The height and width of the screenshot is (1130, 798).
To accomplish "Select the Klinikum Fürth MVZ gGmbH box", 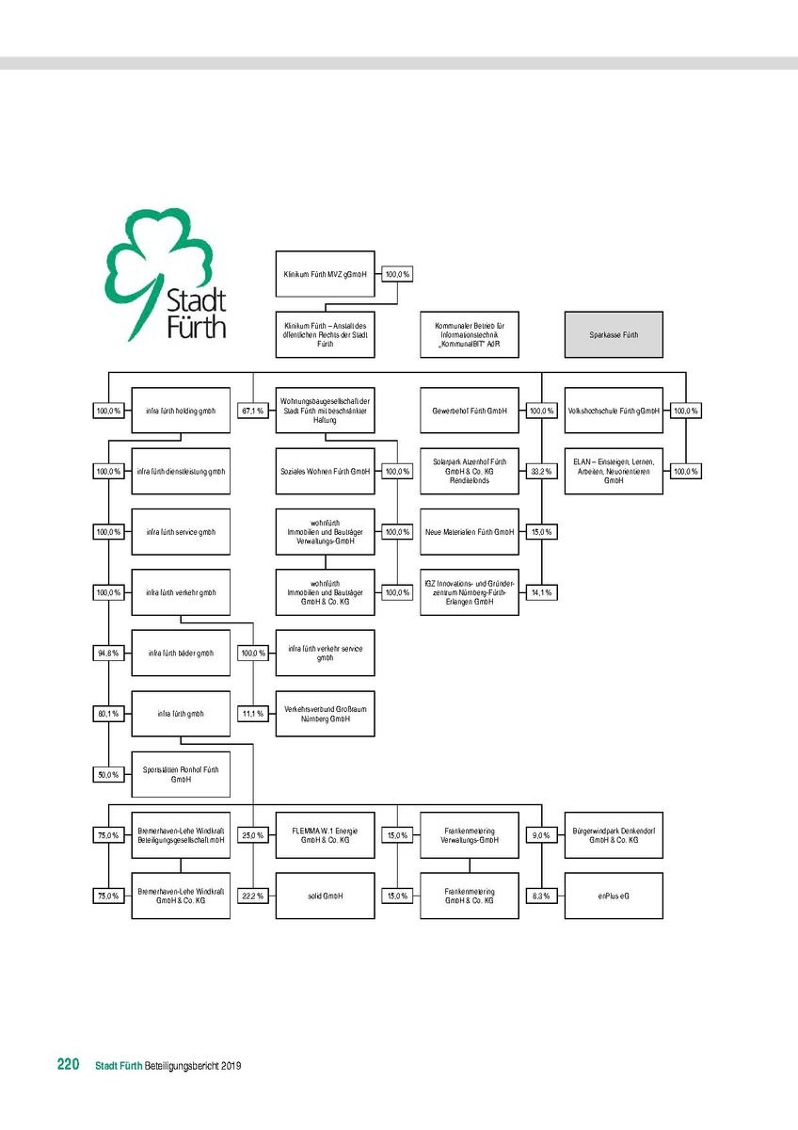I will (325, 275).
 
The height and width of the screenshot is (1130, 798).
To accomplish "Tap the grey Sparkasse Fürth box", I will (614, 334).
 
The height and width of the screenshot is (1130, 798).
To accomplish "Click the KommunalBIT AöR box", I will (469, 334).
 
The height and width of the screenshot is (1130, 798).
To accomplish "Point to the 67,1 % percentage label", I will (251, 411).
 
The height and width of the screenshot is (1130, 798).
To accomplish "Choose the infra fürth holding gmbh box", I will (181, 411).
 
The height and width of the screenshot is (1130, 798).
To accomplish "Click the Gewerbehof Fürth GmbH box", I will (469, 411).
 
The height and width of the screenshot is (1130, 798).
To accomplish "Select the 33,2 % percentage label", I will (541, 471).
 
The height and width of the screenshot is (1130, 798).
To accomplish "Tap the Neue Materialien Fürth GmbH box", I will (469, 532).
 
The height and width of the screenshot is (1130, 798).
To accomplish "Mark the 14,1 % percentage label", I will (541, 592).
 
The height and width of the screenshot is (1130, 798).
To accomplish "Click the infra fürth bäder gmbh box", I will (181, 653).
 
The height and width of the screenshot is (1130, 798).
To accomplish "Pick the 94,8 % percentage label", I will (107, 653).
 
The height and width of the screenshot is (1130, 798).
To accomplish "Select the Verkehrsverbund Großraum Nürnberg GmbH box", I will (325, 713).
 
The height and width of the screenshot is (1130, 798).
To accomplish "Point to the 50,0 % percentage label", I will (107, 774).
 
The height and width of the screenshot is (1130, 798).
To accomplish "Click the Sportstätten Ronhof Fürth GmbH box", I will (181, 774).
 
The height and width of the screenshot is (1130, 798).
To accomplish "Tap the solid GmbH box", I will (325, 896).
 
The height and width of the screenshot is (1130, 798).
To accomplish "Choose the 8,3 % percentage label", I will (541, 896).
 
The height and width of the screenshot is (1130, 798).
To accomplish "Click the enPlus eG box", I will (614, 896).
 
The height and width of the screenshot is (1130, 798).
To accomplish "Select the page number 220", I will (67, 1065).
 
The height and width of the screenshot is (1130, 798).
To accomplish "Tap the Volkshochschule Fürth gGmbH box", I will (614, 411).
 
